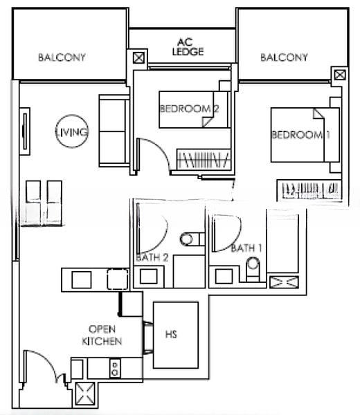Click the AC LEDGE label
tap(183, 46)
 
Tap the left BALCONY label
tap(62, 57)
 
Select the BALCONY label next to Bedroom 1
tap(284, 57)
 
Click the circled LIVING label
tap(73, 131)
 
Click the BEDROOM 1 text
tap(300, 134)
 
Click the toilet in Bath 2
tap(188, 239)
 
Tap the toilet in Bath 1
tap(254, 265)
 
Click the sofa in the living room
tap(114, 132)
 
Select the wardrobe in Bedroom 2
tap(205, 160)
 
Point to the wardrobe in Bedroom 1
tap(309, 189)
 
